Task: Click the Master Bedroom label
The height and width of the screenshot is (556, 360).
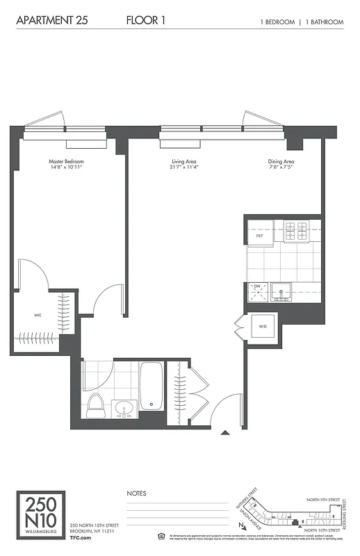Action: pos(67,165)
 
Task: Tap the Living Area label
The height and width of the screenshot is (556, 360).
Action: pos(183,165)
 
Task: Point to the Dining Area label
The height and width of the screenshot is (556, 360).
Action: pos(281,165)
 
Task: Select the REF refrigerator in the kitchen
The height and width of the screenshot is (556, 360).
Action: pos(260,235)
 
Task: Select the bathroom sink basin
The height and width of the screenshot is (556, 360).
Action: pos(124,409)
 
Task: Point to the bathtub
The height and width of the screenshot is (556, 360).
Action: pos(151,388)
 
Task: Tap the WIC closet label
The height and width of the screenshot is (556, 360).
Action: pos(38,315)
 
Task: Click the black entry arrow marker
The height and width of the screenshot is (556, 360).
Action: pos(225,434)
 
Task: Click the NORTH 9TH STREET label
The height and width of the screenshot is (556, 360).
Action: pos(324,499)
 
